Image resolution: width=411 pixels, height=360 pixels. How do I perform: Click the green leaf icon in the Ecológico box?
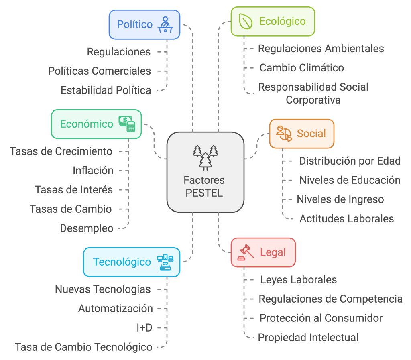(x=245, y=21)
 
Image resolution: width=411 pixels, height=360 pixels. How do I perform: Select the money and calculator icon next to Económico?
(x=127, y=124)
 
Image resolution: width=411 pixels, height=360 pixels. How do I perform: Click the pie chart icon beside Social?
(x=284, y=133)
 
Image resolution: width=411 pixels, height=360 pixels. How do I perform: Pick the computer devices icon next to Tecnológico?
(x=165, y=262)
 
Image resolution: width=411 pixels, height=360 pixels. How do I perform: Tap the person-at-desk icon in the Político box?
(x=165, y=24)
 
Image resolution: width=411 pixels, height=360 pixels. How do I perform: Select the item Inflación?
(x=93, y=171)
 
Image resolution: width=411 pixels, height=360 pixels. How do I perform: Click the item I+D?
(x=144, y=328)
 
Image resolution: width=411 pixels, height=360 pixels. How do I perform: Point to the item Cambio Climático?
(x=301, y=68)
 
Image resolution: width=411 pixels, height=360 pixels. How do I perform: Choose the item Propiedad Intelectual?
(x=308, y=338)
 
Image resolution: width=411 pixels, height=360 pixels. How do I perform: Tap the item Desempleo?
(x=87, y=228)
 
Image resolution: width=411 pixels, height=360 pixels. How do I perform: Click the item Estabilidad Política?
(x=106, y=90)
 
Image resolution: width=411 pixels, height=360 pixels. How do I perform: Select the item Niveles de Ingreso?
(x=340, y=199)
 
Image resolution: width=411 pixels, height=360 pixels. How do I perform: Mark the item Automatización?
(x=116, y=309)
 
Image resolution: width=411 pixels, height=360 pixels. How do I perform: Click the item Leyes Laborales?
(x=298, y=279)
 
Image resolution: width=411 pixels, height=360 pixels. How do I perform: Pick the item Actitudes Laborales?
(x=346, y=219)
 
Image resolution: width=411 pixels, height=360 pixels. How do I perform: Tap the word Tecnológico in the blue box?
(x=122, y=262)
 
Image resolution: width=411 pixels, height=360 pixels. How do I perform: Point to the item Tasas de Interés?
(x=74, y=189)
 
